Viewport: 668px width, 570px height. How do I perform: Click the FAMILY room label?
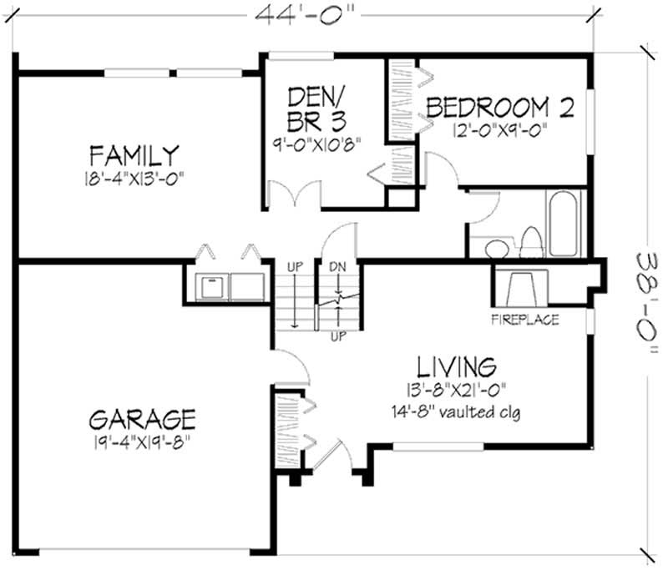pos(135,155)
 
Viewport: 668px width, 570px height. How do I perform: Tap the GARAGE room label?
pos(143,417)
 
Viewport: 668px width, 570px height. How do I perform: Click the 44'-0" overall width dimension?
pos(303,13)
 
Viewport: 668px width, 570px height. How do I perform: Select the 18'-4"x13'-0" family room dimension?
pos(135,178)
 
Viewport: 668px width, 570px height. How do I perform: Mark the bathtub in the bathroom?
pos(564,222)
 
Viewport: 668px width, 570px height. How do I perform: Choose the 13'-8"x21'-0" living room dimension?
pos(457,389)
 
